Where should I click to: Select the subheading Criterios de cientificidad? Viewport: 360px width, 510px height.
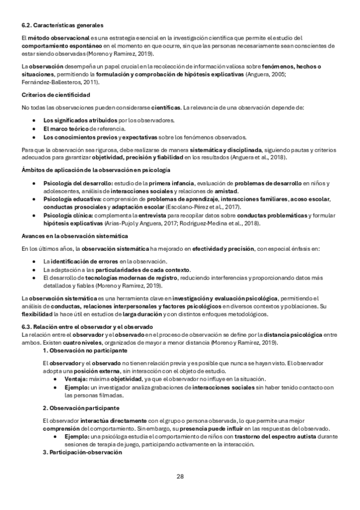pos(56,96)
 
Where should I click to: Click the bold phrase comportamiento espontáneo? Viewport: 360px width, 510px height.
pos(61,45)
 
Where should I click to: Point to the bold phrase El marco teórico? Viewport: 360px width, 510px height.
pos(64,129)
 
